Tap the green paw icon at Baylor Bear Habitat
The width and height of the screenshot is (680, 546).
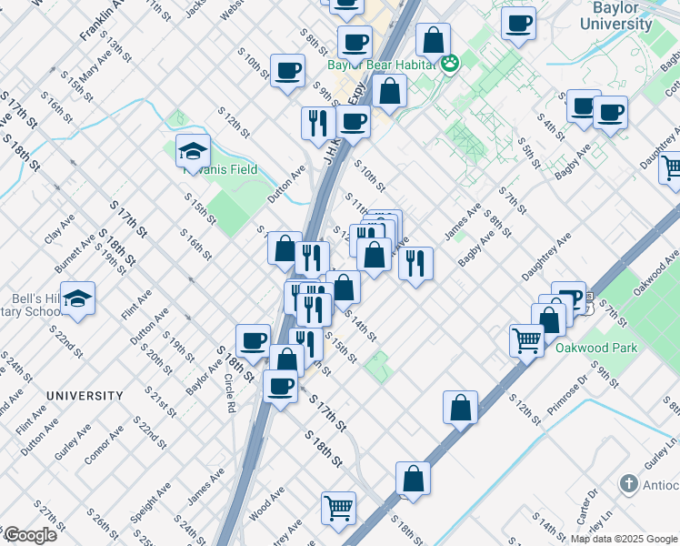(x=450, y=63)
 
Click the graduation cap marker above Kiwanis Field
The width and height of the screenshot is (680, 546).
(x=193, y=150)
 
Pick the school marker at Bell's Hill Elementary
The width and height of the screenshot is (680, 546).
(x=79, y=300)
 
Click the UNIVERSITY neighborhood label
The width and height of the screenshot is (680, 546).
(x=85, y=396)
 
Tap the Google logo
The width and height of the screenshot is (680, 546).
(x=30, y=535)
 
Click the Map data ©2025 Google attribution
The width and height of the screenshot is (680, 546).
(x=624, y=539)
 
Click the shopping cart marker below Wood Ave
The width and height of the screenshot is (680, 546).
(x=338, y=507)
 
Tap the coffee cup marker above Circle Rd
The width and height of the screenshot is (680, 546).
(x=253, y=340)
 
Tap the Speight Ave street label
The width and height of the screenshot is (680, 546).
(x=151, y=502)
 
